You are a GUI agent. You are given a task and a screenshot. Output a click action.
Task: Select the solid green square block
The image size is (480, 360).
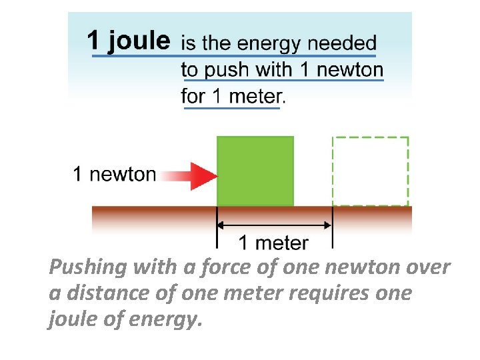point(255,171)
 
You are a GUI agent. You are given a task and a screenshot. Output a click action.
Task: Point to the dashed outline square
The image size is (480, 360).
point(370,171)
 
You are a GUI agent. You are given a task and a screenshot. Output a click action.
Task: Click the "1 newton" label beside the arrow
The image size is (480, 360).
point(114,175)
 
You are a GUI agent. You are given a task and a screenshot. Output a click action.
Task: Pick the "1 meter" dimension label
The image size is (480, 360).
point(273,243)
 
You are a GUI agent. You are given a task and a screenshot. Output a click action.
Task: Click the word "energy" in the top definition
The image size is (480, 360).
point(271,45)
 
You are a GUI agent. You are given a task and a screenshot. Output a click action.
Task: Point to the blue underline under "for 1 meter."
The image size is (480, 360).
point(231,108)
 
